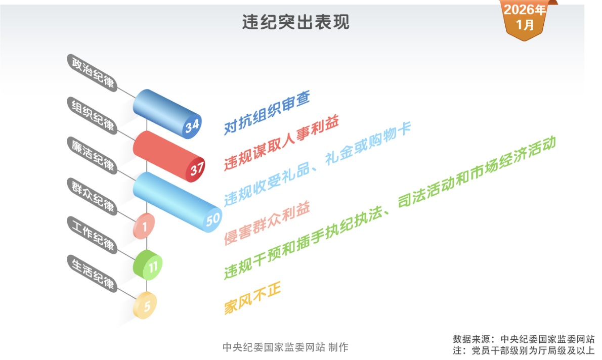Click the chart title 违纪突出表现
coord(295,22)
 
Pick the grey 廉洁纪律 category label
coord(93,155)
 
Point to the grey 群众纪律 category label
coord(93,197)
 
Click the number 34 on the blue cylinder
coord(192,127)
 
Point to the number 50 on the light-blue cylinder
coord(212,219)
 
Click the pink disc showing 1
coord(144,227)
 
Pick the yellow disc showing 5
coord(146,305)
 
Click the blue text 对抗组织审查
coord(267,113)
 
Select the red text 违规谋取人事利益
coord(280,143)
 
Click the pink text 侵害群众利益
coord(267,223)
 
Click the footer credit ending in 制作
coord(285,347)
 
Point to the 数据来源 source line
coord(524,339)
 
